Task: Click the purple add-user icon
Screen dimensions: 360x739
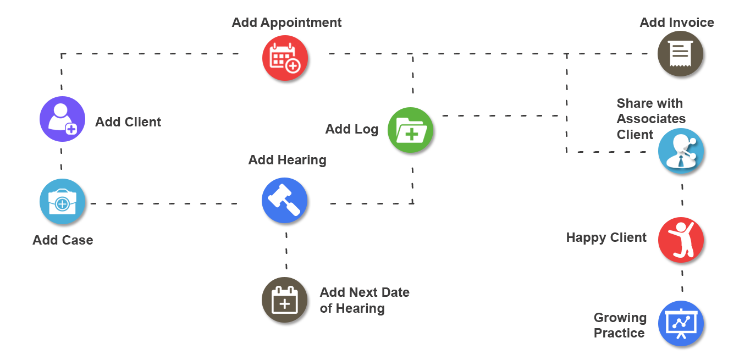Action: coord(63,119)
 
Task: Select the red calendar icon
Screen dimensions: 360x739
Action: coord(286,59)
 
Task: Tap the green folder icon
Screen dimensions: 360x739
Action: coord(412,132)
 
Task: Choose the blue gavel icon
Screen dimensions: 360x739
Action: coord(286,202)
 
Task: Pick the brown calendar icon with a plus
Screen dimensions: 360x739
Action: coord(286,301)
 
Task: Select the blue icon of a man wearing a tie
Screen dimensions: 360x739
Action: coord(682,153)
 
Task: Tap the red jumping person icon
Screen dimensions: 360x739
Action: coord(682,242)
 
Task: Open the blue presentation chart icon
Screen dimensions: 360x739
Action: coord(682,325)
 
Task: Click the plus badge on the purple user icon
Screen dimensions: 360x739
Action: coord(71,129)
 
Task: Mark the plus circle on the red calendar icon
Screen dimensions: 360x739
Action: coord(293,66)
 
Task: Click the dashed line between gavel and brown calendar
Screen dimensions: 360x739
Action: coord(286,252)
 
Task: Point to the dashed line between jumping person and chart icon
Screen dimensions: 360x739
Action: coord(682,284)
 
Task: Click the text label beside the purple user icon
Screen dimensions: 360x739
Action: coord(128,122)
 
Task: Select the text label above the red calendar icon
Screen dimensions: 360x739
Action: coord(286,23)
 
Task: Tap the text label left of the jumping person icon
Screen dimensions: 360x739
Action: coord(606,237)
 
